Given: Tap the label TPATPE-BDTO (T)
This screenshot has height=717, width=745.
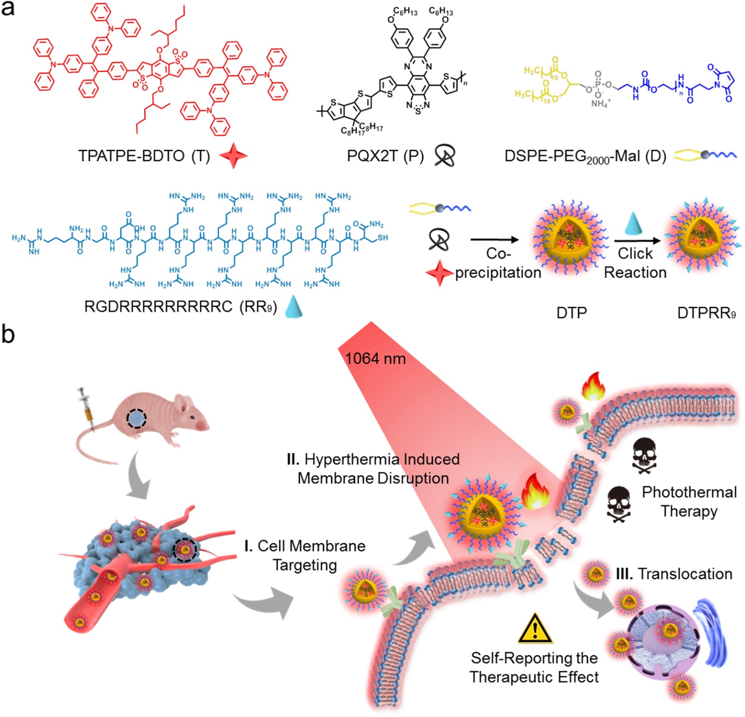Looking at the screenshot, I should pos(144,156).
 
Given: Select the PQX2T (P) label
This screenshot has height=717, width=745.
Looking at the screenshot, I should pos(385,156).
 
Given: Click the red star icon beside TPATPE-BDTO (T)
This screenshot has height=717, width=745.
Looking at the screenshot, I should pos(233,156).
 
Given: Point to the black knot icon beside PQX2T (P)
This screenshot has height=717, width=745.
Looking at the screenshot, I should pos(445,155).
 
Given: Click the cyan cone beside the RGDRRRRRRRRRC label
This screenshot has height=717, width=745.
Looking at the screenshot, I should pos(293,306).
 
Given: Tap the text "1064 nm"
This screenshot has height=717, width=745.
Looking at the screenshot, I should pos(375,358).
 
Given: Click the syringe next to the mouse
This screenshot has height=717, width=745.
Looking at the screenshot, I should pos(88,408).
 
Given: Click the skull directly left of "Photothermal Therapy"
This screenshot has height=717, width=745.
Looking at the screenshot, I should pos(619,504).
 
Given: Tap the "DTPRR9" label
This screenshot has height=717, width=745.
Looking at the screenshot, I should pos(706,313).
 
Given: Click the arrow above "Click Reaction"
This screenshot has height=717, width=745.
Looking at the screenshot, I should pos(637,241).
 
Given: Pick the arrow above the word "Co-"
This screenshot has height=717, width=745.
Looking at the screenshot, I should pos(494,240).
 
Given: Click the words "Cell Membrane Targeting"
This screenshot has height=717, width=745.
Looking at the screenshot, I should pos(305,555).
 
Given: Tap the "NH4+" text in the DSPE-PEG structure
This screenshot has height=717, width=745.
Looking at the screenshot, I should pos(601,103).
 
